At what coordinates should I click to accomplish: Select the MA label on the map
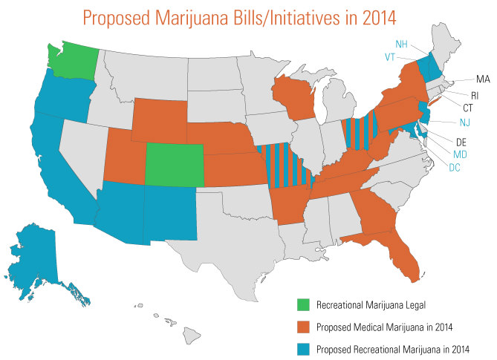(483, 78)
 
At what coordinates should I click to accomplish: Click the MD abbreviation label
(461, 154)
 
